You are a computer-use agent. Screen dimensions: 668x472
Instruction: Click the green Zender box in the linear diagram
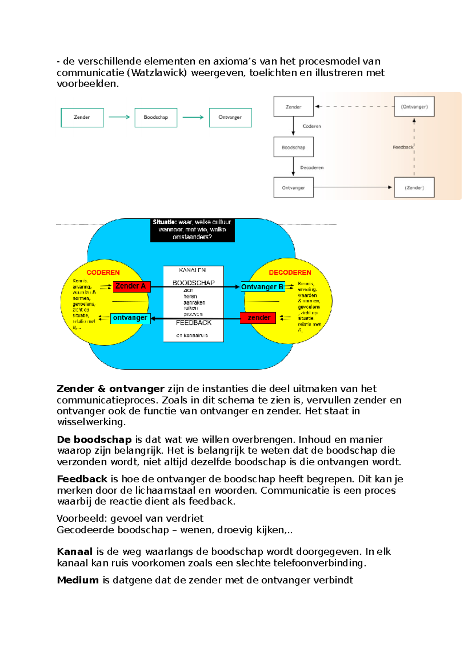(x=82, y=118)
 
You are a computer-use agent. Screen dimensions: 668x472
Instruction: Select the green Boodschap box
(x=156, y=118)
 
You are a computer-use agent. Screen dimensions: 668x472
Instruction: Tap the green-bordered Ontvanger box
(x=230, y=118)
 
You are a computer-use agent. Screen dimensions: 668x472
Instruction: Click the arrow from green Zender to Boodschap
(x=119, y=117)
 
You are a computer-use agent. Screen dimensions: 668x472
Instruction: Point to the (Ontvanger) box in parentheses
(x=414, y=107)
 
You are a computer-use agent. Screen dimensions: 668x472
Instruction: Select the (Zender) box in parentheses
(x=414, y=188)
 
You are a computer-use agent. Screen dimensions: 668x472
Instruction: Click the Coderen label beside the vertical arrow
(x=312, y=126)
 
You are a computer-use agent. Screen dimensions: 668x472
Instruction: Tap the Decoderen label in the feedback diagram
(x=312, y=168)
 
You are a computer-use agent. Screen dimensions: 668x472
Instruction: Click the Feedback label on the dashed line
(x=403, y=147)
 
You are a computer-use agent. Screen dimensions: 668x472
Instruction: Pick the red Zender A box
(x=131, y=286)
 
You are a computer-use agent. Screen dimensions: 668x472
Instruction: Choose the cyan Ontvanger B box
(x=262, y=287)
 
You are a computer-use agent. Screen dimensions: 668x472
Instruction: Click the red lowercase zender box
(x=258, y=318)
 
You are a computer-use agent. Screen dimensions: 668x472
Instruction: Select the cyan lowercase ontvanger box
(x=130, y=318)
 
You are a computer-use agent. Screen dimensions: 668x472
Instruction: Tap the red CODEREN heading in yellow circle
(x=103, y=273)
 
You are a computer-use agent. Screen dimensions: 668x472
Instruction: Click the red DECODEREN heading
(x=290, y=273)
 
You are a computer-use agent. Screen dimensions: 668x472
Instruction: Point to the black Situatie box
(x=192, y=230)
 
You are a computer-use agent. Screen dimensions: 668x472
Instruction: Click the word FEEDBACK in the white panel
(x=194, y=323)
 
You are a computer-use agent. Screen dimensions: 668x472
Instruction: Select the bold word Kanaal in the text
(x=75, y=552)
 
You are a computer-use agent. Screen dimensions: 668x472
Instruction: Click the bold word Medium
(x=78, y=580)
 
